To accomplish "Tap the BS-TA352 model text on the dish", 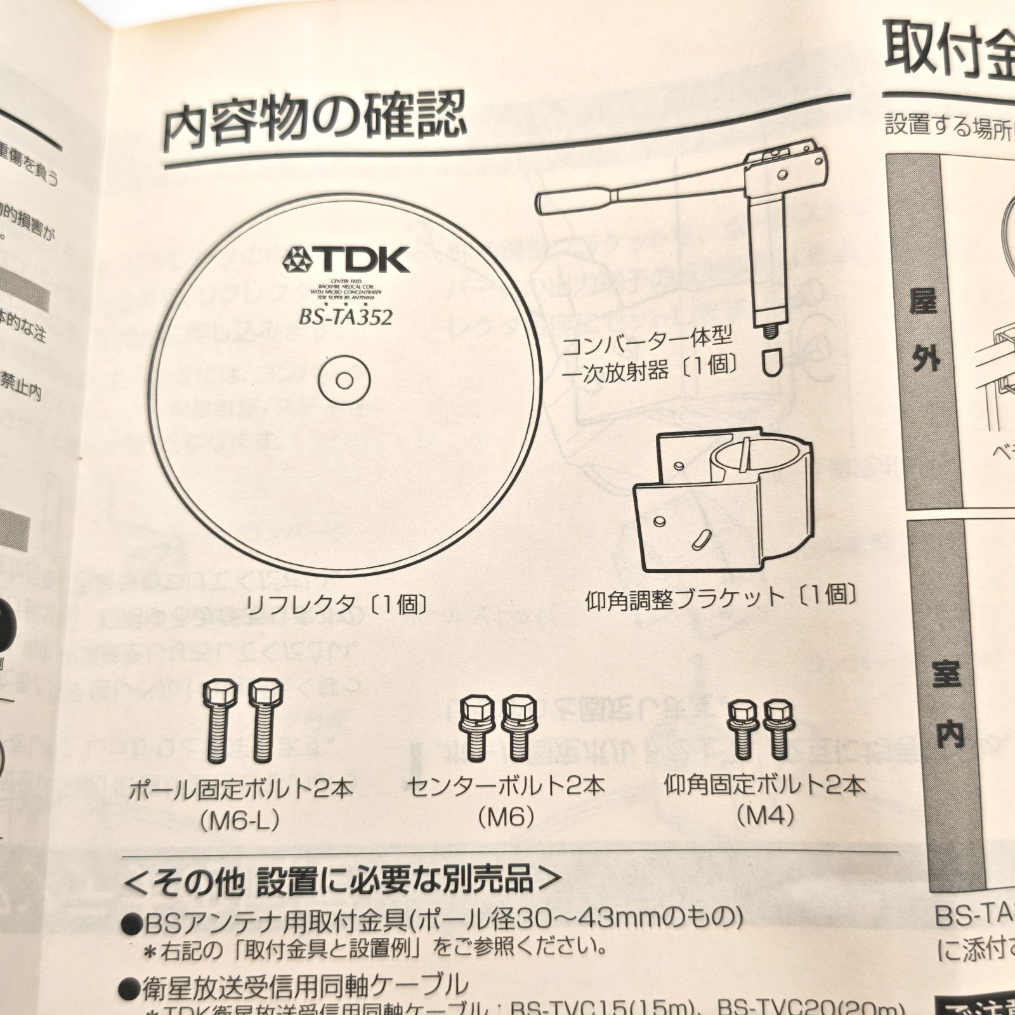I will pos(346,315).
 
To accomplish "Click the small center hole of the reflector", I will pos(344,381).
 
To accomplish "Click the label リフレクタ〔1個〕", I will pos(336,603).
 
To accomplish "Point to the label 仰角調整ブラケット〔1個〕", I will pos(723,597).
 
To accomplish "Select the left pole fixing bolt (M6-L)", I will pos(219,720).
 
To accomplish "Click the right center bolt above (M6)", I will pos(519,726).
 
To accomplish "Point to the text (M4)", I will pos(764,815).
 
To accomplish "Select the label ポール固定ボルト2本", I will pos(240,790).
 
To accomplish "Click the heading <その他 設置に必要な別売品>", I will pos(343,881).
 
